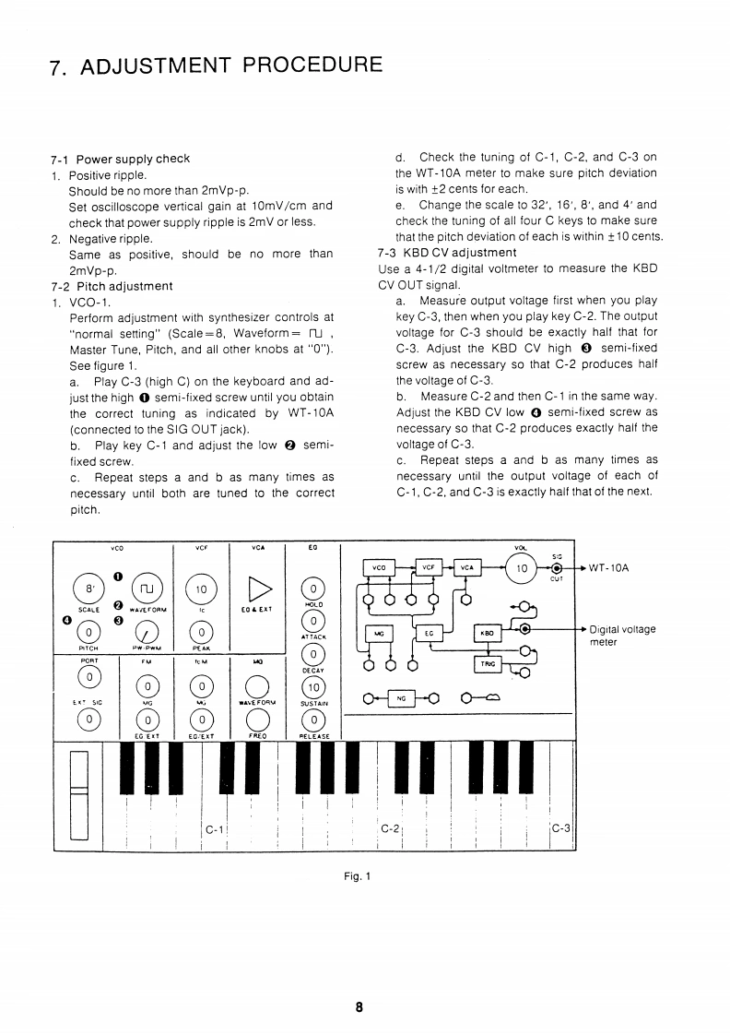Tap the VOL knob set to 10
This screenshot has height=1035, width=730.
click(523, 568)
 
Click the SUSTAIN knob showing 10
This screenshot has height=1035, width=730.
click(313, 688)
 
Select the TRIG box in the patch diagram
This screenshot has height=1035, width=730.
click(487, 664)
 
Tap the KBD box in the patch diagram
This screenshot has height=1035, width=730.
click(487, 633)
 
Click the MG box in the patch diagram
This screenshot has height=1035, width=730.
click(379, 633)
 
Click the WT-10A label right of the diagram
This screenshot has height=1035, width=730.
click(607, 567)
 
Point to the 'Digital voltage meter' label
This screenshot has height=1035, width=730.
click(621, 636)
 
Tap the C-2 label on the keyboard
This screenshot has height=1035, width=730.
click(389, 828)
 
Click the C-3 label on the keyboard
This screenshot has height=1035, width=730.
click(561, 828)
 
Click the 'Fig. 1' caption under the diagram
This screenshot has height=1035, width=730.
click(357, 876)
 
